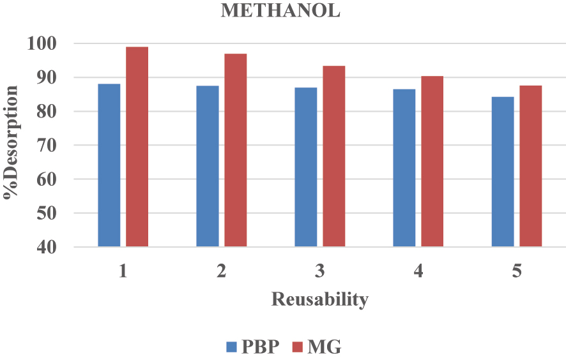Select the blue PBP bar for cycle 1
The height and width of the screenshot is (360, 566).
(x=109, y=165)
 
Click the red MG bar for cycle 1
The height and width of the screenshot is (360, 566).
(x=137, y=147)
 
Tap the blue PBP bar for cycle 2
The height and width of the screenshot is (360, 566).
(x=207, y=166)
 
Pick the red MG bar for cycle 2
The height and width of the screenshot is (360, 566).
(x=235, y=150)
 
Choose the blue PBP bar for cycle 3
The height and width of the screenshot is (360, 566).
(x=305, y=167)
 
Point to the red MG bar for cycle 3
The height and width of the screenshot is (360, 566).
(x=333, y=156)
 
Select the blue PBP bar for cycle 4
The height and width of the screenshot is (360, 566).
(x=404, y=168)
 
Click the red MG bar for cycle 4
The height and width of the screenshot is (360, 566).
(x=432, y=161)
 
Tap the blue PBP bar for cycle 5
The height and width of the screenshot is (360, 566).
(x=502, y=172)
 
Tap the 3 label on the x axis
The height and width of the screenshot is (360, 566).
(x=319, y=271)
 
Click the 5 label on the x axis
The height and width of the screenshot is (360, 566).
(x=516, y=271)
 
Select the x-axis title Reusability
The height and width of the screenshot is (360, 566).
(x=319, y=299)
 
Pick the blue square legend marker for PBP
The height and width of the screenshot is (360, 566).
(x=233, y=347)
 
